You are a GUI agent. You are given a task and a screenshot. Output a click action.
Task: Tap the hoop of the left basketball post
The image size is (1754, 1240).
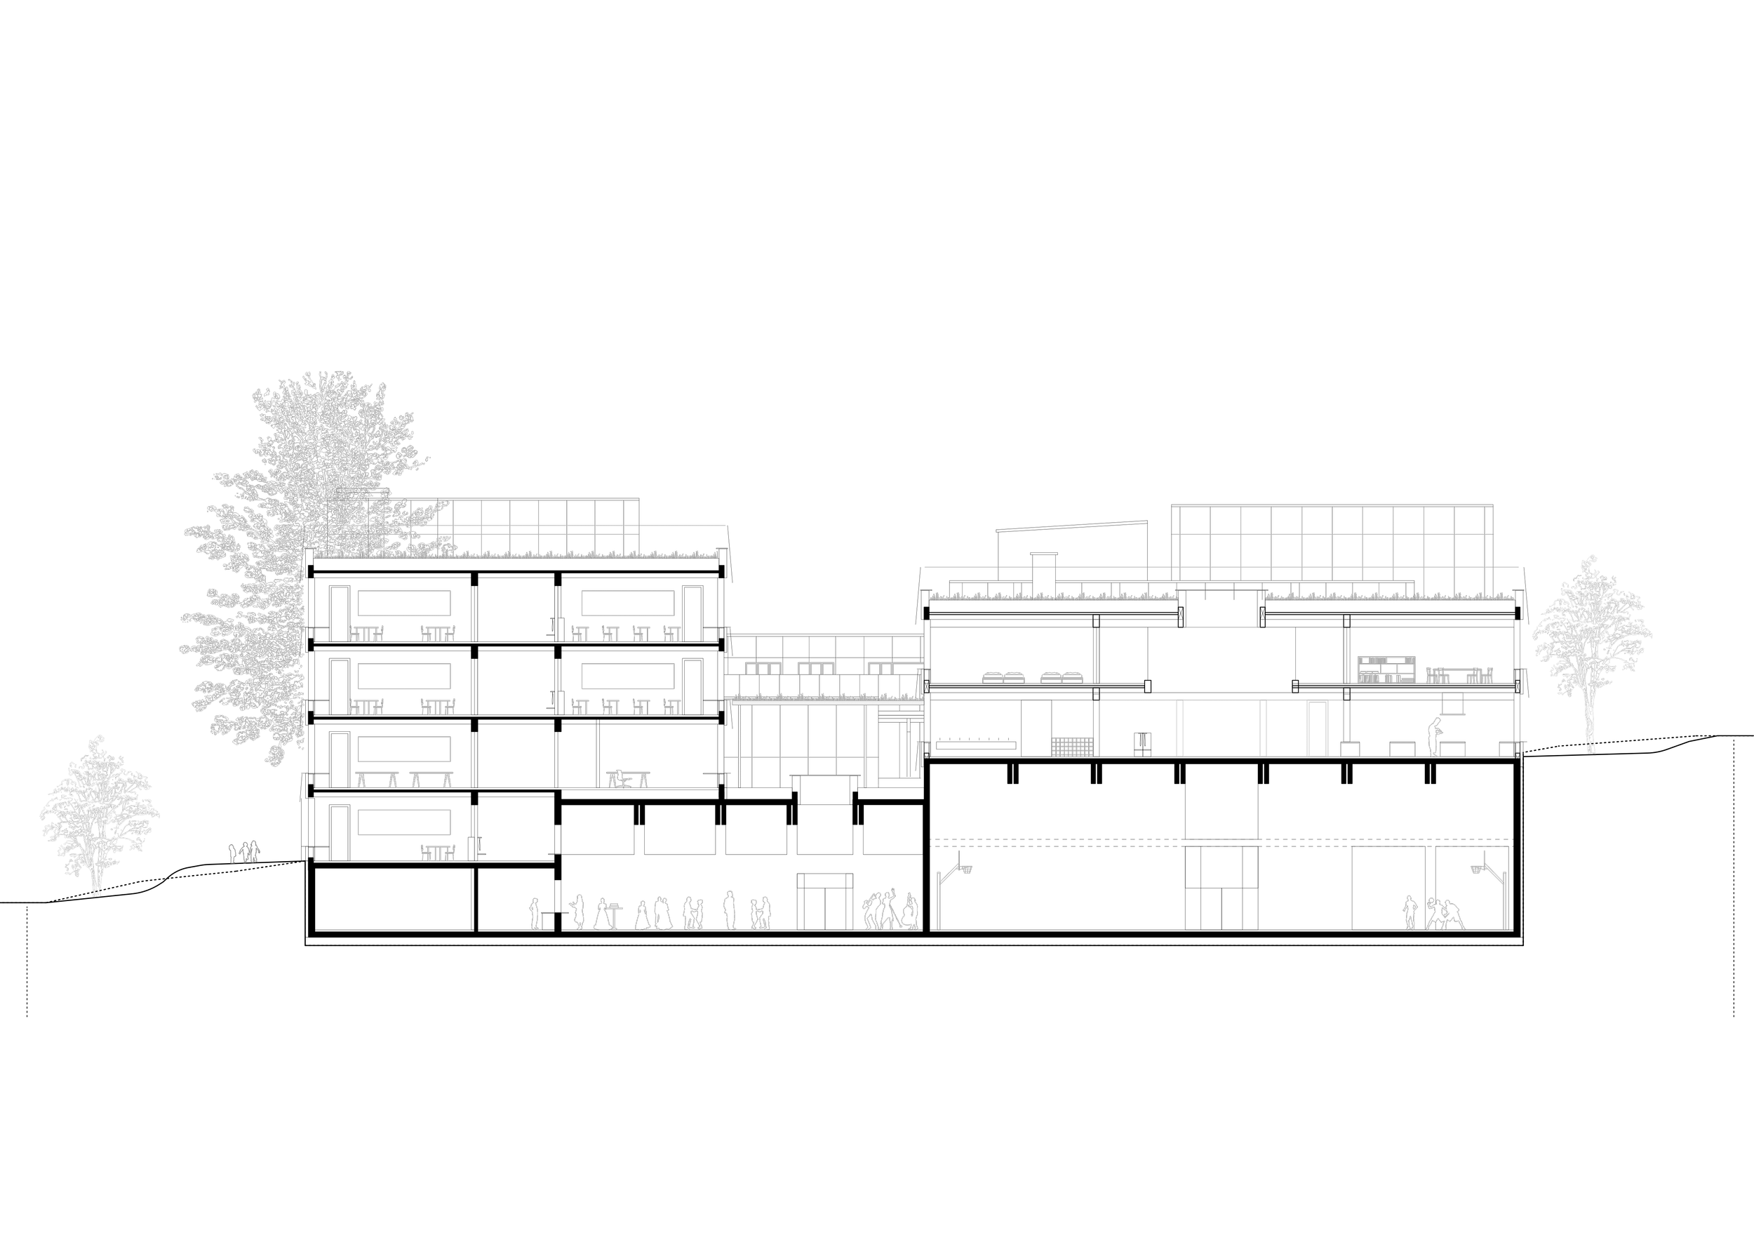tap(965, 869)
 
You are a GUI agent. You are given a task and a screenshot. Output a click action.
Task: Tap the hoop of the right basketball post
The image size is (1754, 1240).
tap(1478, 869)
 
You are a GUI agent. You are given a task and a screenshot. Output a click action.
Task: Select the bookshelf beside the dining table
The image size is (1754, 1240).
tap(1386, 670)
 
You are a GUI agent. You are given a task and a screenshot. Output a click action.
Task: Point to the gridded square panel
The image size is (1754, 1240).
tap(1072, 747)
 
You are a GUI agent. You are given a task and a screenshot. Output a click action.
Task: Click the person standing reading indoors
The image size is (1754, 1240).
tap(1435, 738)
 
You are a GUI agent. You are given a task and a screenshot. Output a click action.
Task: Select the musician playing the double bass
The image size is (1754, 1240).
tap(910, 912)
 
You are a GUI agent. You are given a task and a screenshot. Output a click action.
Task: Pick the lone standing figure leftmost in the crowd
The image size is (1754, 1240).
tap(535, 914)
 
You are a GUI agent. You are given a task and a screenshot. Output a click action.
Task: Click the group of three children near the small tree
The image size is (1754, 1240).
tap(244, 852)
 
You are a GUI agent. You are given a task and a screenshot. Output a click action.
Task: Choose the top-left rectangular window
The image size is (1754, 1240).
tap(404, 604)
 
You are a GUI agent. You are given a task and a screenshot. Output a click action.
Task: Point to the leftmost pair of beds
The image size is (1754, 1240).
tap(1003, 678)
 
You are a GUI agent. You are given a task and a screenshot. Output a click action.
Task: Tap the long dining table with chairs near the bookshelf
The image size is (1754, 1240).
tap(1459, 675)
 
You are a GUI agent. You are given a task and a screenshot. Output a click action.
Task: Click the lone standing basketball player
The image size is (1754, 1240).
tap(1410, 913)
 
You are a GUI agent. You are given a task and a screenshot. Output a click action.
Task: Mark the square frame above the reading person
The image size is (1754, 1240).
tap(1452, 703)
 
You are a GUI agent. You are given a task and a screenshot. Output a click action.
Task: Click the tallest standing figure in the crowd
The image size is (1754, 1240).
tap(730, 910)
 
